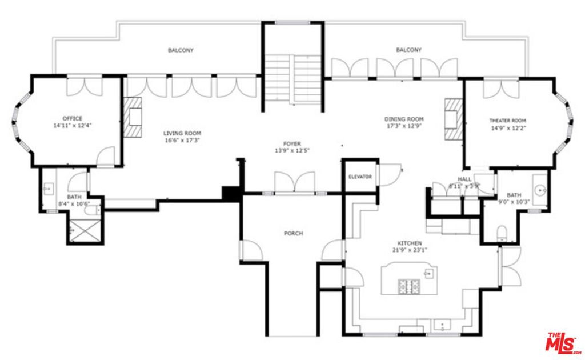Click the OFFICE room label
click(x=73, y=118)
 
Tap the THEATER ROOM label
click(x=507, y=121)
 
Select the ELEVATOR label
click(x=360, y=177)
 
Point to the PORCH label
click(x=292, y=233)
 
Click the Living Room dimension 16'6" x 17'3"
click(x=183, y=139)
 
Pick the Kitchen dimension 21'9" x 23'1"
click(x=410, y=250)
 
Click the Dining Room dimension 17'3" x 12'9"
click(x=403, y=127)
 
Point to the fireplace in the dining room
click(x=453, y=118)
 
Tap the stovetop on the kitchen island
click(x=409, y=286)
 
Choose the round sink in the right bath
click(x=539, y=189)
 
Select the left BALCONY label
click(x=181, y=50)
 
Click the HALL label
click(x=464, y=179)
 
